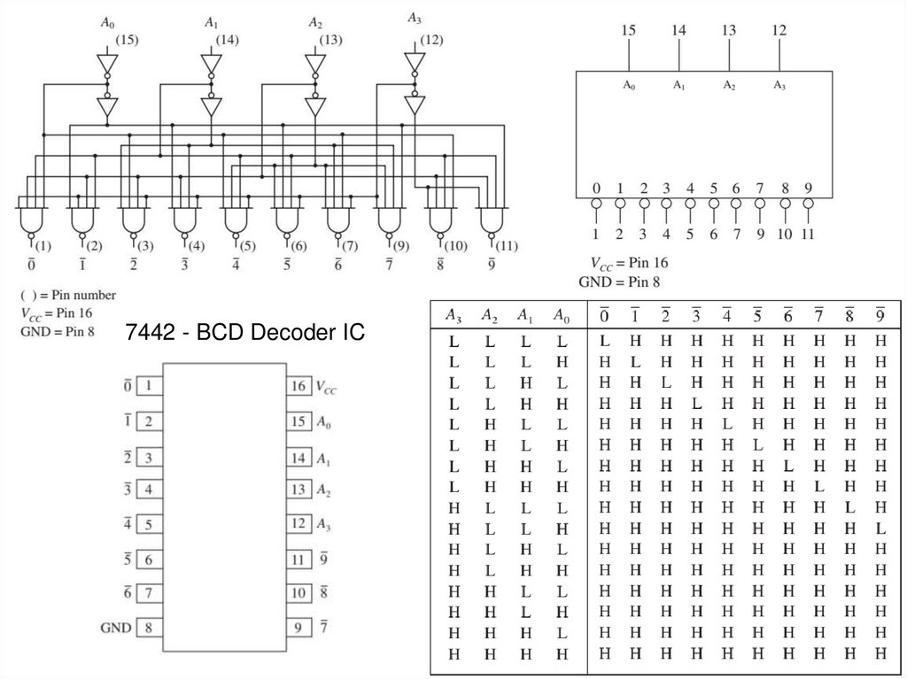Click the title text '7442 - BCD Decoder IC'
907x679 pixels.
pyautogui.click(x=244, y=335)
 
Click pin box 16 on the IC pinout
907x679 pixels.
pyautogui.click(x=298, y=387)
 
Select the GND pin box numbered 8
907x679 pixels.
pyautogui.click(x=149, y=628)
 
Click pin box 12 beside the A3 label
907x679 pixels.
pyautogui.click(x=298, y=524)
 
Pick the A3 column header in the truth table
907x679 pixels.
pyautogui.click(x=453, y=315)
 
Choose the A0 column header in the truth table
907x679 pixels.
pyautogui.click(x=561, y=315)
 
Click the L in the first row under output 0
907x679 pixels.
pyautogui.click(x=604, y=341)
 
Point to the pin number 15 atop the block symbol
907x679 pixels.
pyautogui.click(x=628, y=30)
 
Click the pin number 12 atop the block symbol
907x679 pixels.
pyautogui.click(x=779, y=30)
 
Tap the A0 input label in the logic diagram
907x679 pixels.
pyautogui.click(x=106, y=24)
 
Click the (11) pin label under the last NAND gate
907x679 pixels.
pyautogui.click(x=504, y=245)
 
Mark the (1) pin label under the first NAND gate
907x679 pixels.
pyautogui.click(x=43, y=245)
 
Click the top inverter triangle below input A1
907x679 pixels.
pyautogui.click(x=210, y=65)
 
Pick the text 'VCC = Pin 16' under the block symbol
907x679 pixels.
pyautogui.click(x=629, y=264)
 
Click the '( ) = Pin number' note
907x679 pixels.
pyautogui.click(x=67, y=295)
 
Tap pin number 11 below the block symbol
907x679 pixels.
pyautogui.click(x=807, y=235)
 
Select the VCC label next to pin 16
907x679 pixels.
pyautogui.click(x=326, y=387)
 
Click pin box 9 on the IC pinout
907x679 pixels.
pyautogui.click(x=298, y=628)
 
